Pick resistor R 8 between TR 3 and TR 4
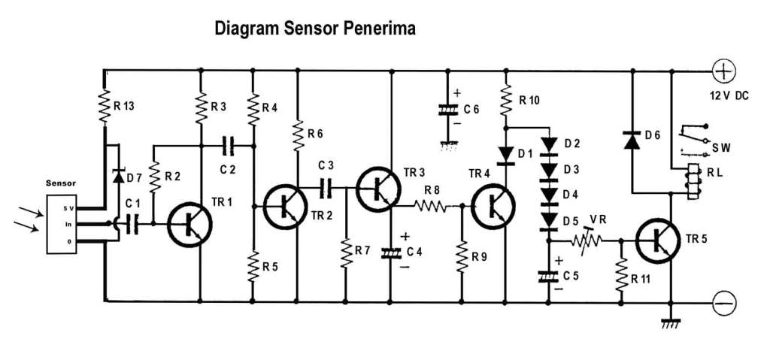[x=432, y=205]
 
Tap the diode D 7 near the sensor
[x=118, y=176]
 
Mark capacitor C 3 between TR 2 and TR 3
[x=326, y=187]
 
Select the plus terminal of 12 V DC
[x=723, y=72]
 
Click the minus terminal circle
[x=723, y=302]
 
